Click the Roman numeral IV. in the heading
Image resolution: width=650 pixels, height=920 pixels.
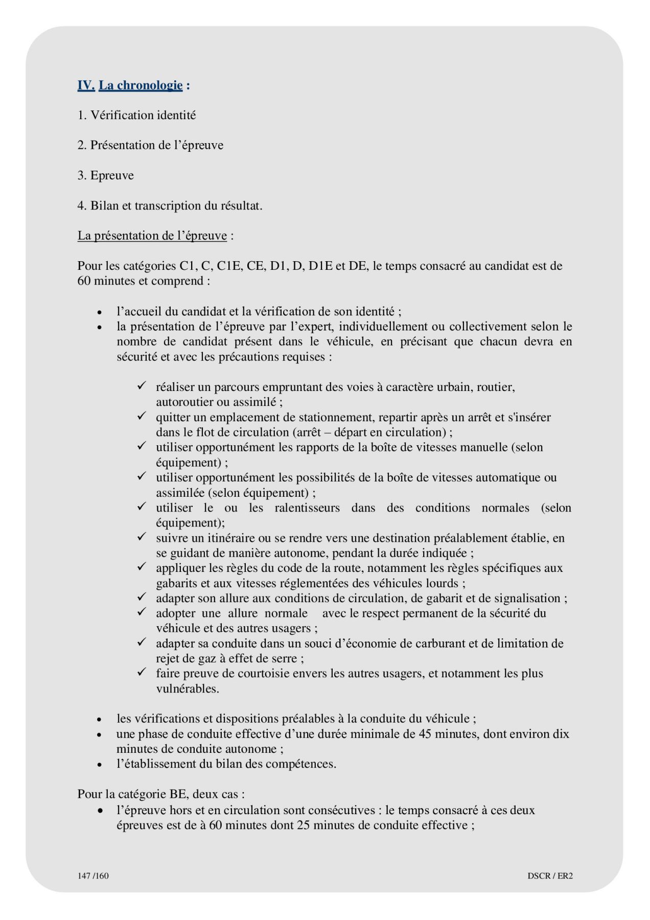click(x=86, y=85)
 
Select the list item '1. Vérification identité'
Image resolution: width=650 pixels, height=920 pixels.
click(x=136, y=116)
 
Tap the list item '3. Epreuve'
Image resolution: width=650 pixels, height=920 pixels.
click(x=105, y=176)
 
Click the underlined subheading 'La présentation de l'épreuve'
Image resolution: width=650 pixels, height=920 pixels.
click(x=152, y=236)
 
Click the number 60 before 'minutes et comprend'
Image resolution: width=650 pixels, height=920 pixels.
click(x=84, y=281)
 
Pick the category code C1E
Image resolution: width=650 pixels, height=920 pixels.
click(x=230, y=266)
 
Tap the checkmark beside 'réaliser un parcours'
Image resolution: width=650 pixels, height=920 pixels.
click(x=142, y=385)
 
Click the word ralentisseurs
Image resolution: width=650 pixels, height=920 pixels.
click(x=307, y=508)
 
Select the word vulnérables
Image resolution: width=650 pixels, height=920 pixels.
click(x=187, y=689)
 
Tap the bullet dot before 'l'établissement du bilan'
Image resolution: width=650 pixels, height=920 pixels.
click(x=100, y=765)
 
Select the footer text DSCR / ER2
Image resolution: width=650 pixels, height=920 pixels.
click(x=550, y=876)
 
